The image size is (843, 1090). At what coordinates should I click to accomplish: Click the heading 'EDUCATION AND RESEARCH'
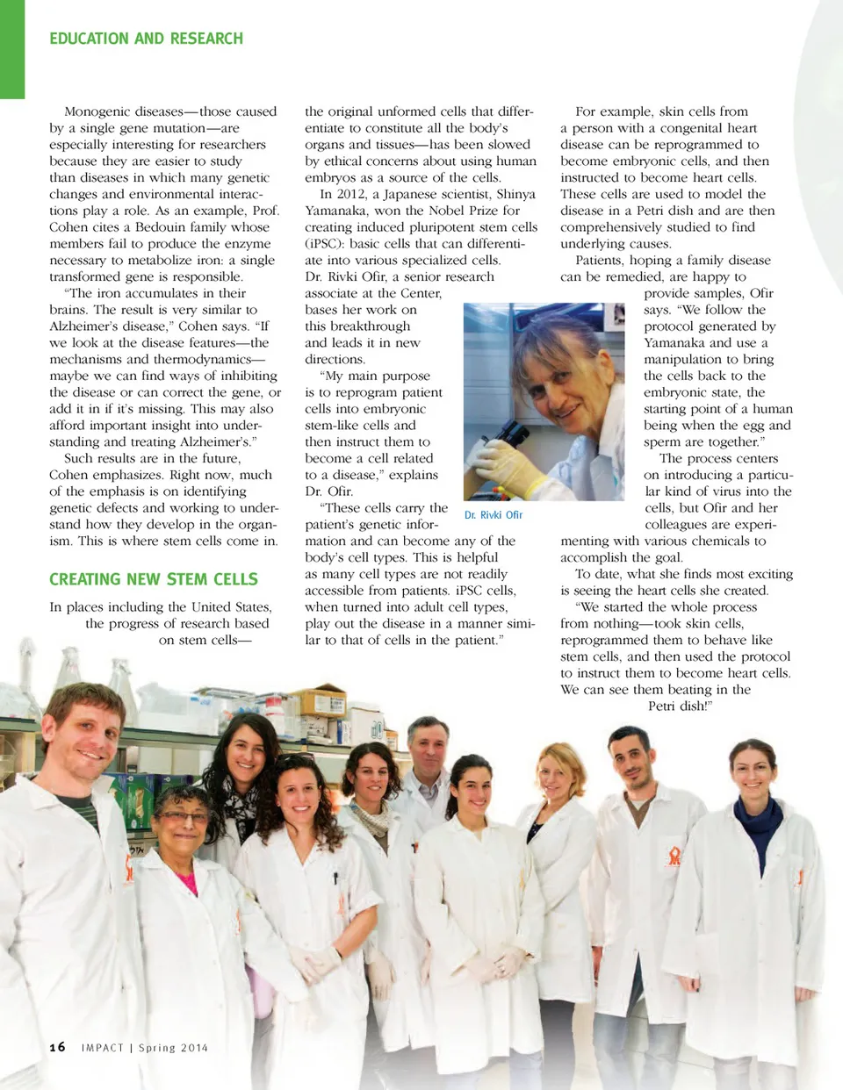click(146, 39)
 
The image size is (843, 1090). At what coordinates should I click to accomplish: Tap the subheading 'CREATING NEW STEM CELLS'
click(154, 579)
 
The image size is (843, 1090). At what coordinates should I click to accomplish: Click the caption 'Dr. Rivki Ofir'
click(494, 515)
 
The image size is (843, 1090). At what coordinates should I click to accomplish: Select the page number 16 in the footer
click(57, 1047)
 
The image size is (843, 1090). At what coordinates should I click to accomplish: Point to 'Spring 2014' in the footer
click(173, 1048)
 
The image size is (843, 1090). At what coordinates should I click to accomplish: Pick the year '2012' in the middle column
click(351, 194)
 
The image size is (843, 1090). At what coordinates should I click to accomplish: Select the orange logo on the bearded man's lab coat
click(674, 857)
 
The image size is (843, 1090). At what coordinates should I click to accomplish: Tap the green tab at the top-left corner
click(12, 48)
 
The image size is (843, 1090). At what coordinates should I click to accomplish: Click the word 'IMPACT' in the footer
click(102, 1048)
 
